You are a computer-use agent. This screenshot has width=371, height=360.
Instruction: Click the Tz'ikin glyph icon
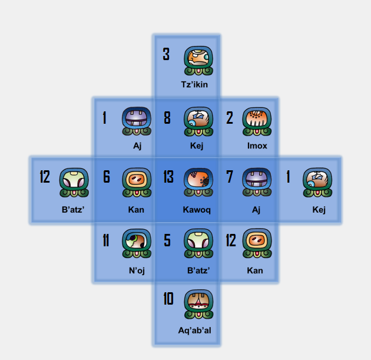[x=198, y=61]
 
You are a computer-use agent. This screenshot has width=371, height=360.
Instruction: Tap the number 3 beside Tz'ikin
[x=166, y=55]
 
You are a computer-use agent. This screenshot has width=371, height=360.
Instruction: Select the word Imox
[x=257, y=146]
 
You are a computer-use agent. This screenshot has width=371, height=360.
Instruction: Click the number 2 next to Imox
[x=230, y=118]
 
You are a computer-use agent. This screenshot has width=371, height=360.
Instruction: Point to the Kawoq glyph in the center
[x=198, y=182]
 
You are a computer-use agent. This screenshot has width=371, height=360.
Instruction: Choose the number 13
[x=168, y=177]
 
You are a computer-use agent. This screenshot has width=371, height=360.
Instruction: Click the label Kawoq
[x=197, y=209]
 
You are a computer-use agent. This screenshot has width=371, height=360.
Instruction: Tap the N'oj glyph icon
[x=137, y=243]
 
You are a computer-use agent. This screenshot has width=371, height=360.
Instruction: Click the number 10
[x=168, y=299]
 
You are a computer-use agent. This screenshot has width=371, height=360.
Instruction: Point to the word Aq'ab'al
[x=194, y=331]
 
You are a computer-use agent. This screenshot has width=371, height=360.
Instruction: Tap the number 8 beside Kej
[x=167, y=118]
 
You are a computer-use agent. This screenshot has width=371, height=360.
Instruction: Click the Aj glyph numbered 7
[x=257, y=182]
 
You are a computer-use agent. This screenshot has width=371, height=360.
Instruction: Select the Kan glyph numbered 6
[x=137, y=182]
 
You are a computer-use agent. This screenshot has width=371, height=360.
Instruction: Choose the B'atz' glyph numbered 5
[x=198, y=243]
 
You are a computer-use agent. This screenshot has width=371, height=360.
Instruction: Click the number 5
[x=167, y=240]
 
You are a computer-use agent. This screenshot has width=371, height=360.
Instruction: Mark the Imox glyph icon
[x=257, y=121]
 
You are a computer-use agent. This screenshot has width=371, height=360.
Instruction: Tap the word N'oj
[x=137, y=270]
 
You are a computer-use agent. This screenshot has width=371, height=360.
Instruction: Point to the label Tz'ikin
[x=194, y=85]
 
